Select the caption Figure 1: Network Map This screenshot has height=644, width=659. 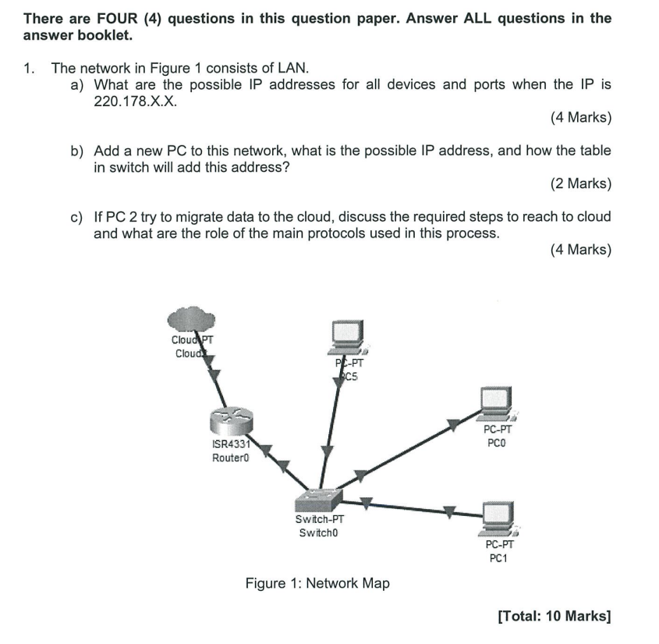pos(317,583)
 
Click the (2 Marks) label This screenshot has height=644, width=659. pos(580,184)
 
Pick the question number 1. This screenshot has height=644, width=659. pos(29,68)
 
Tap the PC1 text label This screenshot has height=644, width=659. pos(498,558)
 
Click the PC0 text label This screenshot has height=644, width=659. pos(498,443)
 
